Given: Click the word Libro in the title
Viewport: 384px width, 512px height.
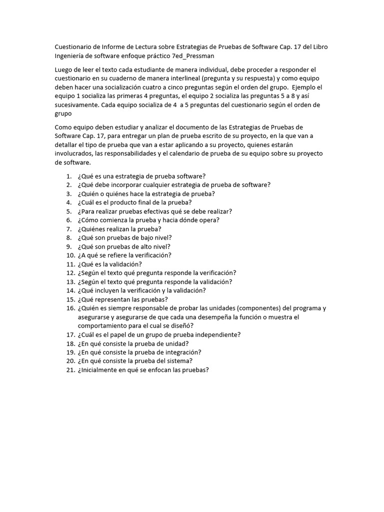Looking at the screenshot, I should pos(320,47).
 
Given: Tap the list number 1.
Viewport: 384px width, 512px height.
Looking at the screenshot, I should pos(68,176).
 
